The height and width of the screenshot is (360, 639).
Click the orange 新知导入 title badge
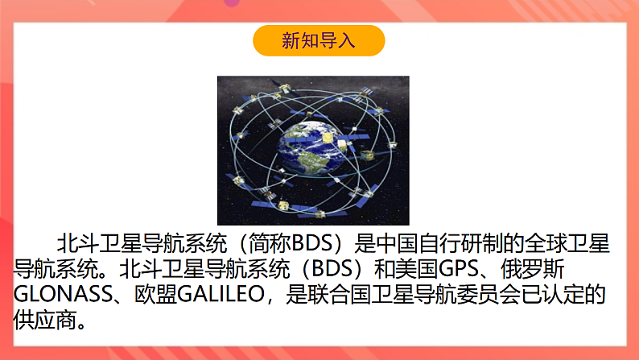click(x=319, y=40)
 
